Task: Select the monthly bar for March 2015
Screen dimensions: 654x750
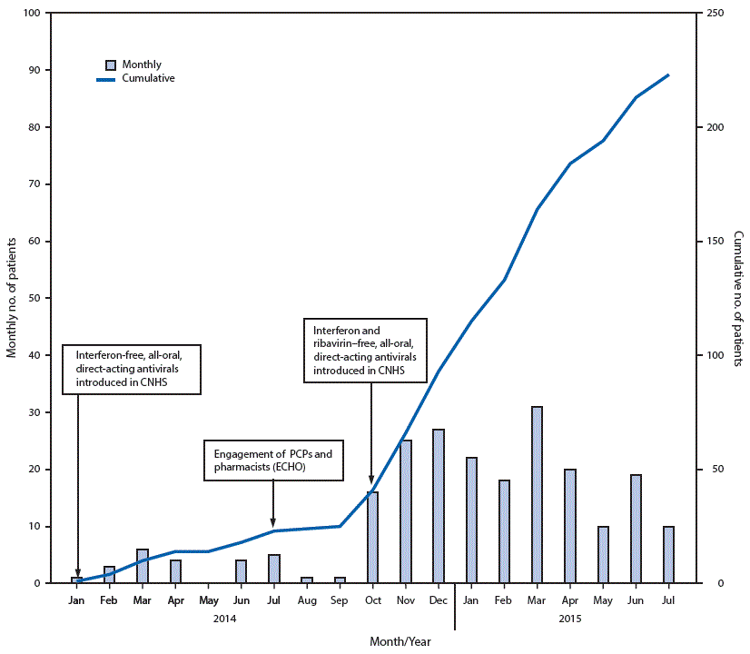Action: click(537, 495)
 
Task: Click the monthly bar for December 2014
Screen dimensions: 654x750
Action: click(438, 506)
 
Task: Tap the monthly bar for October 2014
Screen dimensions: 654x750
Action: click(372, 538)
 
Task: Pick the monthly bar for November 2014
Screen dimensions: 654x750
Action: click(405, 511)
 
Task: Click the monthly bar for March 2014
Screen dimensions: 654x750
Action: click(143, 567)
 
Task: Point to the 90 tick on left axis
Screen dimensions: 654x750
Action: click(35, 70)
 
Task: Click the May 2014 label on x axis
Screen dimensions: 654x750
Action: click(208, 599)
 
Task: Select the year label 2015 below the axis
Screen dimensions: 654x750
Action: click(569, 619)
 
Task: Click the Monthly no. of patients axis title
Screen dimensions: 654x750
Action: click(13, 298)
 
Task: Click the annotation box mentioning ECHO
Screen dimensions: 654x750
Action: click(273, 461)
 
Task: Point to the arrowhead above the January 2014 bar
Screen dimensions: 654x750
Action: click(77, 572)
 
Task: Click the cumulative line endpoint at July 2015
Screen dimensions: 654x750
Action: click(668, 75)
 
